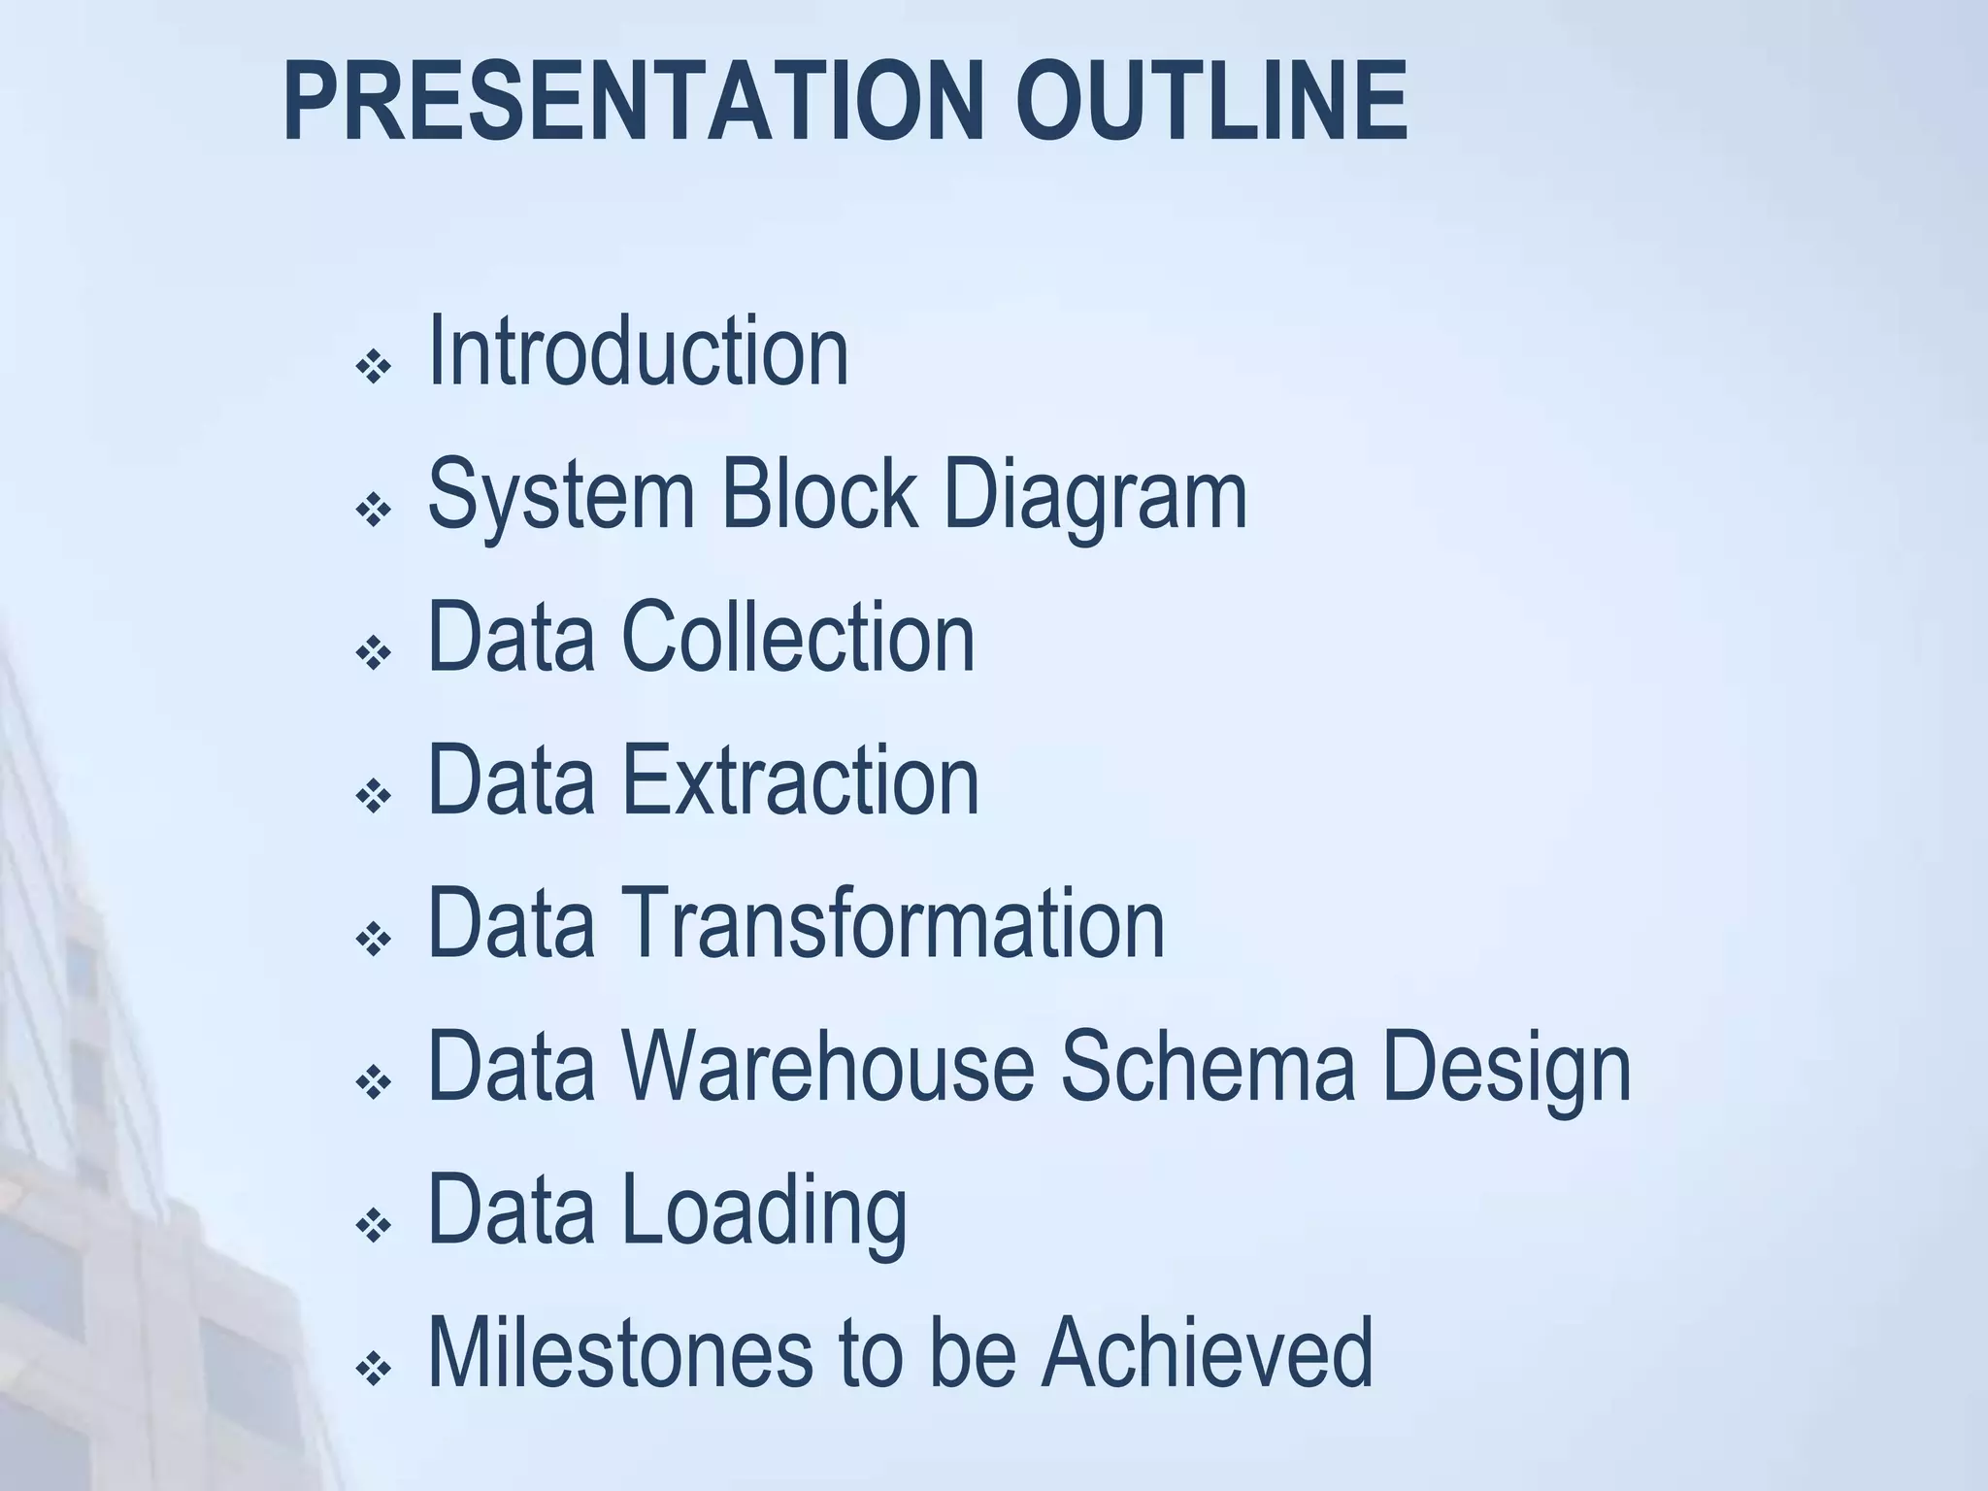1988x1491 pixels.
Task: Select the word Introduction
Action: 638,351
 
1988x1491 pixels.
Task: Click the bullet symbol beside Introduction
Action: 373,368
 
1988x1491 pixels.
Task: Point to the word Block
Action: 818,494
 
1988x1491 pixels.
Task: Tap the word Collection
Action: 797,637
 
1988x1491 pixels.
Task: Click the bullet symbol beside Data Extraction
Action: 373,797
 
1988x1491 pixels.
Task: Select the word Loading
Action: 764,1211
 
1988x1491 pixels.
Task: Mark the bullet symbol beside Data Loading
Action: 373,1226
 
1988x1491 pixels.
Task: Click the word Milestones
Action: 619,1352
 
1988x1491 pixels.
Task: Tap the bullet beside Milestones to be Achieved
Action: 373,1370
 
